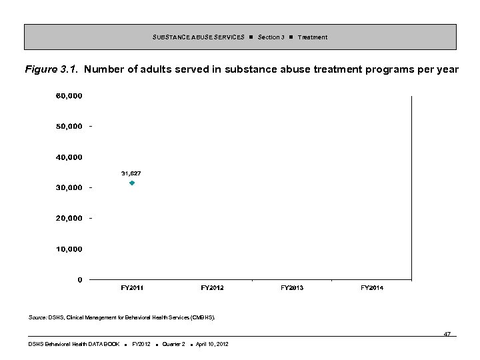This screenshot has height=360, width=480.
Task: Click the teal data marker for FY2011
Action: (x=132, y=183)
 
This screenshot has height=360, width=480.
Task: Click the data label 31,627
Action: (x=131, y=173)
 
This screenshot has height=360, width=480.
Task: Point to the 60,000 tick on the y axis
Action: (x=69, y=96)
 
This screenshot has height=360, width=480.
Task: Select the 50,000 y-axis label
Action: (x=69, y=126)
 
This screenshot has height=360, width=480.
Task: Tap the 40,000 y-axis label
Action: (x=69, y=157)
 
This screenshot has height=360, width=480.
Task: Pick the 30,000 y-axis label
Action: (x=69, y=187)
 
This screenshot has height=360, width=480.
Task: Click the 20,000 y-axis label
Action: (x=69, y=218)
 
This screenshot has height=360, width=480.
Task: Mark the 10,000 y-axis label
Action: (x=69, y=249)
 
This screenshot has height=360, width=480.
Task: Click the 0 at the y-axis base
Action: (x=80, y=280)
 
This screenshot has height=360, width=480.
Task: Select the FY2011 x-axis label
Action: (x=132, y=287)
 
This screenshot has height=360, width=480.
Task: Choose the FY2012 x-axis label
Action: (x=212, y=287)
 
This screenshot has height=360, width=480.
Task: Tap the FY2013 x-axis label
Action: (x=292, y=287)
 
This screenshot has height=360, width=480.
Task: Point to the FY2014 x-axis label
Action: (x=372, y=287)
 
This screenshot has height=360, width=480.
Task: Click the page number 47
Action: (x=447, y=333)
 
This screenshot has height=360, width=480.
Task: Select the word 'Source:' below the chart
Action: (x=37, y=318)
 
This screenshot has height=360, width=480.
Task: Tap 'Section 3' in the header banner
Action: (x=271, y=37)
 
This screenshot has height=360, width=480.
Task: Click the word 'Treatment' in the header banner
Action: (x=313, y=37)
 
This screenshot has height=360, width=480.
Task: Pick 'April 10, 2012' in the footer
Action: (x=212, y=344)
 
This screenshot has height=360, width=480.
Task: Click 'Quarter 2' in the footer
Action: (x=173, y=344)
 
